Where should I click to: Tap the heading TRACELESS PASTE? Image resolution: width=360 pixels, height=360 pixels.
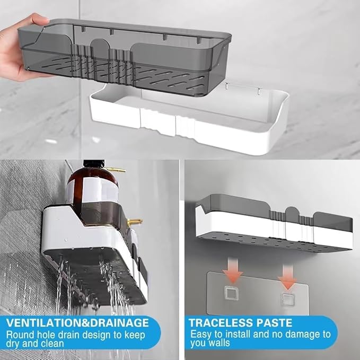(x=241, y=322)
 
